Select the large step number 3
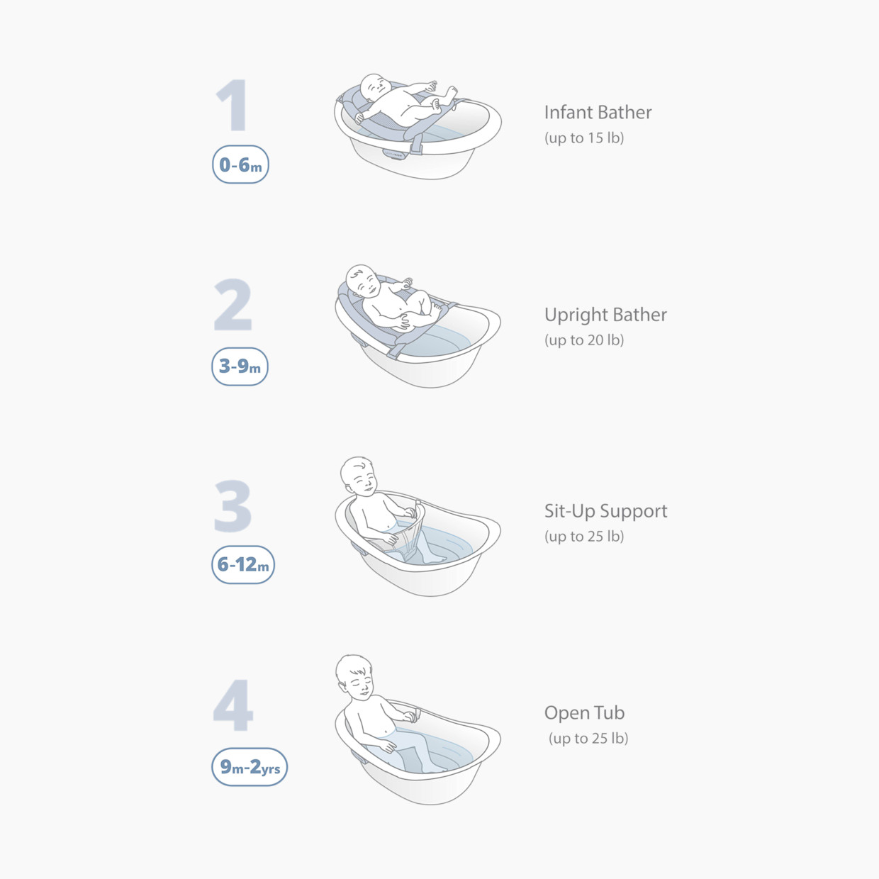point(233,506)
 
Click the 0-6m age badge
point(240,164)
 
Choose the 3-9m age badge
point(240,366)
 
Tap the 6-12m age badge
point(243,565)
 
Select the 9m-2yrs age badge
point(250,767)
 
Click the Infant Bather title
point(598,113)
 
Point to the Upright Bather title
point(605,315)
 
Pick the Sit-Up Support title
point(605,511)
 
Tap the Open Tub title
point(584,713)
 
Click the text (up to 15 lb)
point(584,138)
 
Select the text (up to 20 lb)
point(584,340)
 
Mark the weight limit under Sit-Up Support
point(584,537)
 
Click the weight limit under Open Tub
point(588,739)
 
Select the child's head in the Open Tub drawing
point(355,676)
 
